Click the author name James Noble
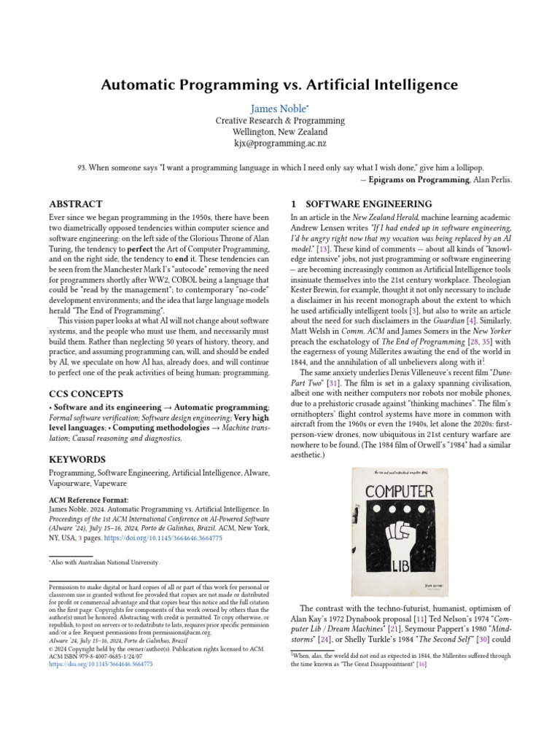278,109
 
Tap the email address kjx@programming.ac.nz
280,144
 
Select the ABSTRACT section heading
75,204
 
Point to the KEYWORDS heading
77,460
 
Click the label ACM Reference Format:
87,499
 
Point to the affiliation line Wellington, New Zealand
280,133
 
